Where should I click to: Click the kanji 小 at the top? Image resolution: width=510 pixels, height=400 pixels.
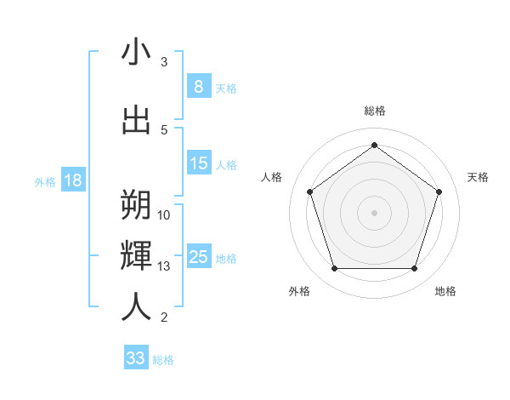pyautogui.click(x=136, y=52)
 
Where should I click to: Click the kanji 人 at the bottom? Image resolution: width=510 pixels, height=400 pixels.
pyautogui.click(x=136, y=306)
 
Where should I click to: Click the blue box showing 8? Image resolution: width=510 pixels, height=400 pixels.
pyautogui.click(x=198, y=87)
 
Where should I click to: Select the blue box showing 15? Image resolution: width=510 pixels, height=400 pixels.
pyautogui.click(x=199, y=164)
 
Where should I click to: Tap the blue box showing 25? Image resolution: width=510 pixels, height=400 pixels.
pyautogui.click(x=199, y=258)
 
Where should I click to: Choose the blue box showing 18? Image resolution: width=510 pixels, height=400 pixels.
pyautogui.click(x=71, y=181)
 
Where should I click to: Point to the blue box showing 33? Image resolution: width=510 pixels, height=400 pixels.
pyautogui.click(x=135, y=358)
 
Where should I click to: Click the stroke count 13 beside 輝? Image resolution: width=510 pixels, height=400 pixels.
pyautogui.click(x=165, y=266)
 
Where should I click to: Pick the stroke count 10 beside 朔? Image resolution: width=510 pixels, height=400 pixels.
pyautogui.click(x=165, y=214)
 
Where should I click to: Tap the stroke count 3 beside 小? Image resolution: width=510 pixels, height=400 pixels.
pyautogui.click(x=164, y=62)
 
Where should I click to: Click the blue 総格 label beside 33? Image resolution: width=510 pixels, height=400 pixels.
pyautogui.click(x=164, y=360)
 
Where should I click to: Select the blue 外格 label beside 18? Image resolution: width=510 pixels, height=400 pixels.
pyautogui.click(x=44, y=182)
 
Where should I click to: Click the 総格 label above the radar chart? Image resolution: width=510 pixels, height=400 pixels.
pyautogui.click(x=374, y=111)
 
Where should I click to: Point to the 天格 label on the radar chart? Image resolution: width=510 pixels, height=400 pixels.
pyautogui.click(x=478, y=177)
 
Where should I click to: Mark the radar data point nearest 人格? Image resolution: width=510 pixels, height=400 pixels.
pyautogui.click(x=309, y=191)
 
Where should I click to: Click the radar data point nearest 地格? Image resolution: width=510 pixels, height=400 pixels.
pyautogui.click(x=414, y=269)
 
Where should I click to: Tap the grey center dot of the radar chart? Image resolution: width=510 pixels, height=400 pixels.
pyautogui.click(x=374, y=212)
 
